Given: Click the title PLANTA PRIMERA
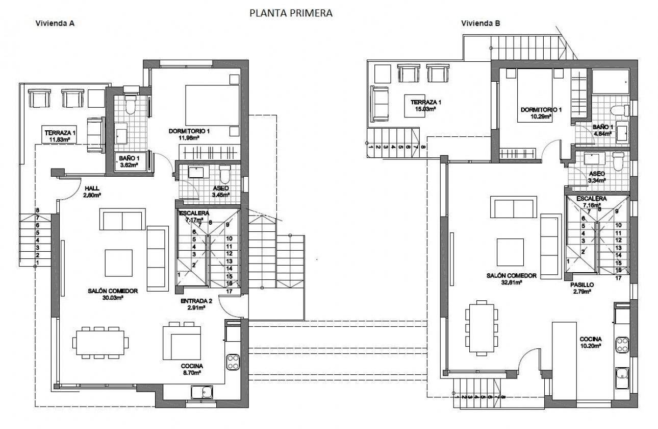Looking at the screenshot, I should point(291,13).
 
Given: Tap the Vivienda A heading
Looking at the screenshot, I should point(55,23).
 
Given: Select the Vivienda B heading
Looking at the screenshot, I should point(480,23).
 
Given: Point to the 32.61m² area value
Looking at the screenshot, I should point(511,281).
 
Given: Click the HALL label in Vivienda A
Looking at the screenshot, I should point(92,188).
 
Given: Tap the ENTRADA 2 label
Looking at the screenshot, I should point(193,301).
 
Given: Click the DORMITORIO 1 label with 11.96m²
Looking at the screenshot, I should point(190,131).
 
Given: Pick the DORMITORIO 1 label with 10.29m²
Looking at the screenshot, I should point(541,110).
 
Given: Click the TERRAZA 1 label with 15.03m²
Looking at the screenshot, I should point(425,102).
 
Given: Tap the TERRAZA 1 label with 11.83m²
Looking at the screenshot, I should point(60,133).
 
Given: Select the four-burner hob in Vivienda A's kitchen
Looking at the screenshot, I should point(233,362).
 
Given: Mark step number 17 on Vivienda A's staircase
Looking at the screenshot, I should point(229,292).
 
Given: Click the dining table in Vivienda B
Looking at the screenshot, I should point(480,327).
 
